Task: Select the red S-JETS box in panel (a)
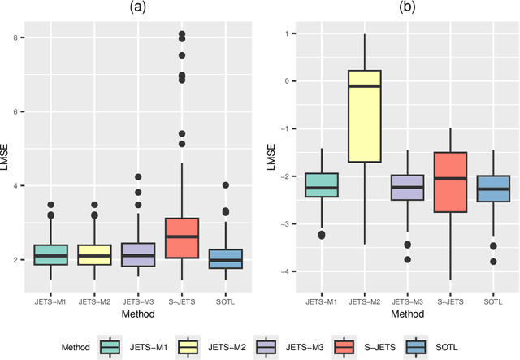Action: (182, 237)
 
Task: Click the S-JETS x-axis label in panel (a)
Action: (182, 302)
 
